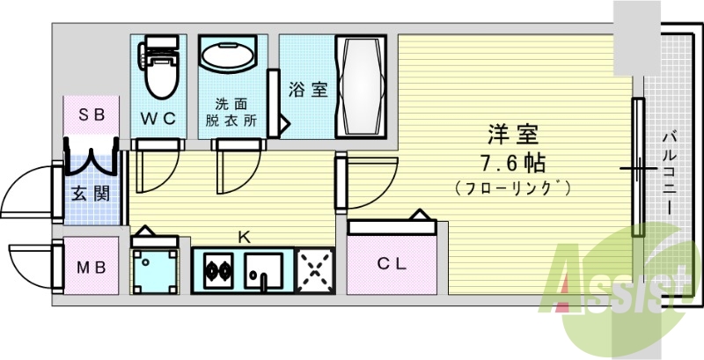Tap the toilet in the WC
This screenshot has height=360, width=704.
(x=158, y=70)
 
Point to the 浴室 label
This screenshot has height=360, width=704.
(x=307, y=89)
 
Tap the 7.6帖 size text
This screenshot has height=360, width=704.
(x=513, y=163)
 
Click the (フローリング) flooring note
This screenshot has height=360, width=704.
(x=513, y=187)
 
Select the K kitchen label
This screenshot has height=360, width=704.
(x=246, y=236)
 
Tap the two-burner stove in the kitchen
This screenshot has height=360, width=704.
(x=216, y=268)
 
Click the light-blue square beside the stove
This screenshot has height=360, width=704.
(x=155, y=268)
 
